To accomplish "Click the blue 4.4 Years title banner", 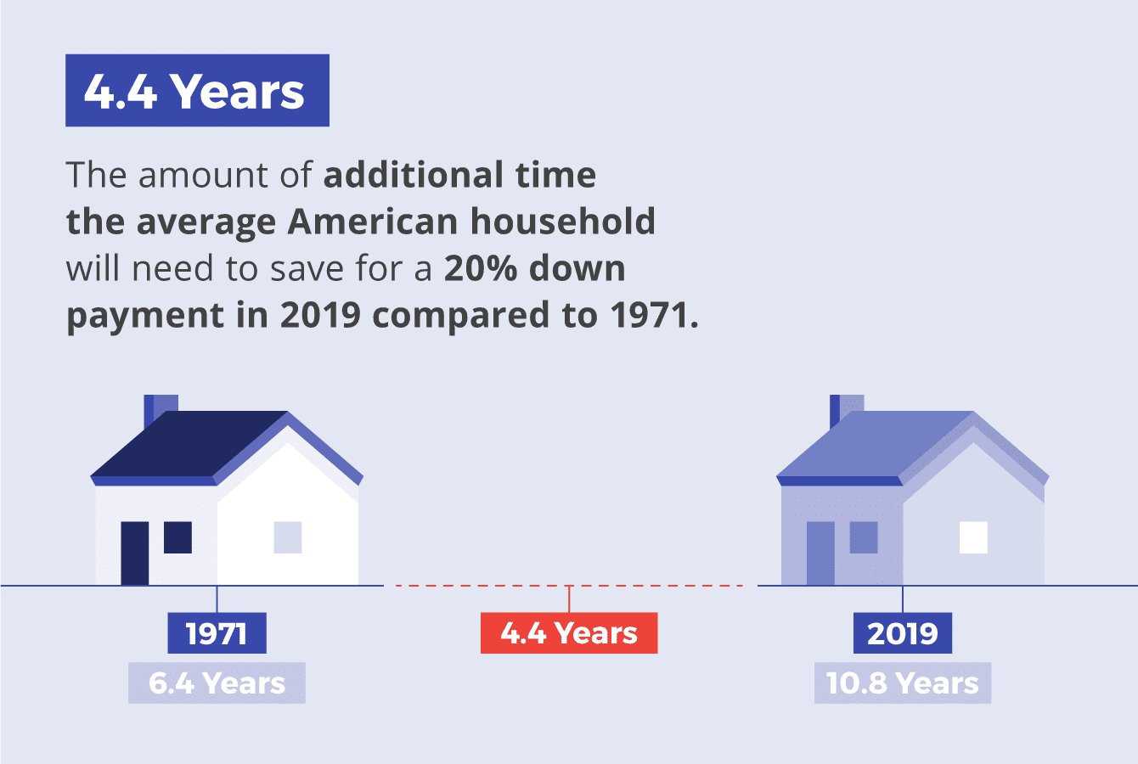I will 197,91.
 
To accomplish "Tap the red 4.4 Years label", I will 569,633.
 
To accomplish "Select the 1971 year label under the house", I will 217,633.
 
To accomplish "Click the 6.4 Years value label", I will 217,683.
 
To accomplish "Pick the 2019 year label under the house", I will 902,633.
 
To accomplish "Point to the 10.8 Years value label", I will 902,683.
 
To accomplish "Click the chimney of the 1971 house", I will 160,405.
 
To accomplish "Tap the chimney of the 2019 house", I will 846,405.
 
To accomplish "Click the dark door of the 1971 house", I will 134,553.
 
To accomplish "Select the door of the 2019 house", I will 820,553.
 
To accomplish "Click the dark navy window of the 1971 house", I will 177,537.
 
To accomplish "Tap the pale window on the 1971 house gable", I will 288,537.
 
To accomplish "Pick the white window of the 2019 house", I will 973,537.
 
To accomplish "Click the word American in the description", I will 373,222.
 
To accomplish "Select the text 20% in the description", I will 481,268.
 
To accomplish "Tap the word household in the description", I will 563,222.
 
